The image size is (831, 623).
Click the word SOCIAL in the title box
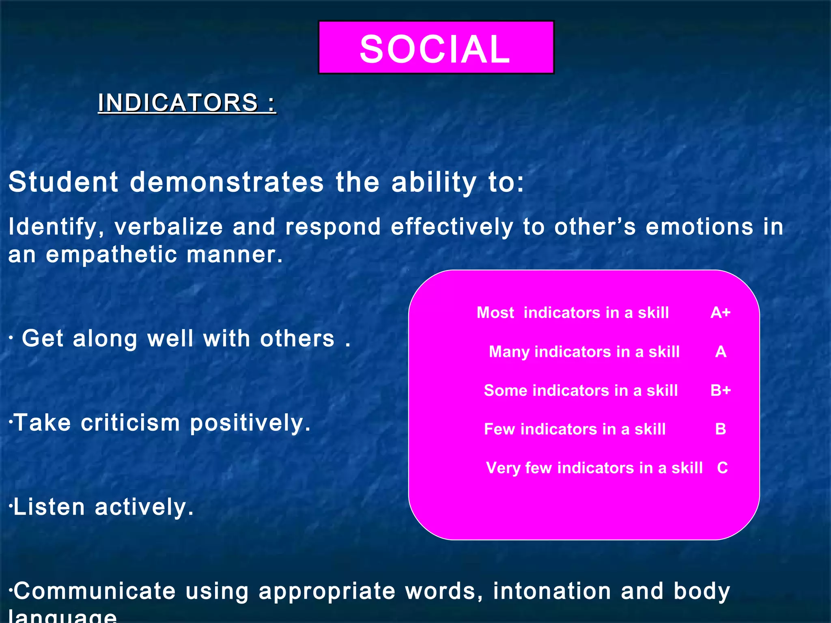pos(435,49)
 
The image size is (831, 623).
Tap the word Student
pos(63,182)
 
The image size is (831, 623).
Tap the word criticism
pos(130,423)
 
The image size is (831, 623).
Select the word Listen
pos(49,507)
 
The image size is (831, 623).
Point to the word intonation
pos(552,591)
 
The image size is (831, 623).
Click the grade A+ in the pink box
pos(721,313)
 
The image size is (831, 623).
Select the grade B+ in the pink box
pos(721,390)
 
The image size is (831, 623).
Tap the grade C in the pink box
pos(722,468)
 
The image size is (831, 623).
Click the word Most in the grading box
pos(495,313)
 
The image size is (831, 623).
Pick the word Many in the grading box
pos(509,352)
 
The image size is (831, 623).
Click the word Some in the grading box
pos(505,390)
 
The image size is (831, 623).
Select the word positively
pos(250,423)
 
